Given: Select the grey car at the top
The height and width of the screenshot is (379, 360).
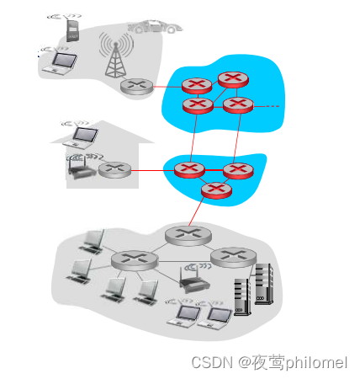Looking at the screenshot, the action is coord(155,27).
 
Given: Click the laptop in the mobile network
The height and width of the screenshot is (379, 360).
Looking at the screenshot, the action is coord(60,64).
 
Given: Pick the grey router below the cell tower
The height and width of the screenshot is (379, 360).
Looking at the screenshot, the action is coord(137,87).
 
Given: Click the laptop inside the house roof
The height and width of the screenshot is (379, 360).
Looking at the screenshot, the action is coord(81,137).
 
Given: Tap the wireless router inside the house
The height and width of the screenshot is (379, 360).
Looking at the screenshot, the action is coord(82,168).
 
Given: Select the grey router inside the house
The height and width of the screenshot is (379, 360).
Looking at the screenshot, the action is coord(114,170).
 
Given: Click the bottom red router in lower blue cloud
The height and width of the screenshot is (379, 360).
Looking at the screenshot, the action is coord(216,190).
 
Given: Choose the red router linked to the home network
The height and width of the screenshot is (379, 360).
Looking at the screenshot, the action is coord(189,170).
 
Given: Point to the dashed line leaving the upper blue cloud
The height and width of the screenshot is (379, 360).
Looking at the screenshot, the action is coord(267,106).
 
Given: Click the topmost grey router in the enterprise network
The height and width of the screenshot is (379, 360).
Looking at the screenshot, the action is coord(188,235).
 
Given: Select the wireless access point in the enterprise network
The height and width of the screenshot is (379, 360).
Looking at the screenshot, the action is coord(194,280).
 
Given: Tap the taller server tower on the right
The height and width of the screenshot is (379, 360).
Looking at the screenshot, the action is coord(264,284).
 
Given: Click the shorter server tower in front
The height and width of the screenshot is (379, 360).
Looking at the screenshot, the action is coord(242,296).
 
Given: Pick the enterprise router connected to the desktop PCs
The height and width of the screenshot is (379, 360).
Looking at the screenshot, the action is coord(135,260).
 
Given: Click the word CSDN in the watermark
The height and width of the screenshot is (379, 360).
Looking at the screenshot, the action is coord(212,362).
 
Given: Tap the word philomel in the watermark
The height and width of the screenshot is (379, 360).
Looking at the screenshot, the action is coord(316,363).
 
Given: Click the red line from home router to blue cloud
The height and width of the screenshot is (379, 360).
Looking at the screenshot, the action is coord(152,170).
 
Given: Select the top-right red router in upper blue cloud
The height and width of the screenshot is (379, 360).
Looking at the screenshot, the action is coord(233,80).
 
